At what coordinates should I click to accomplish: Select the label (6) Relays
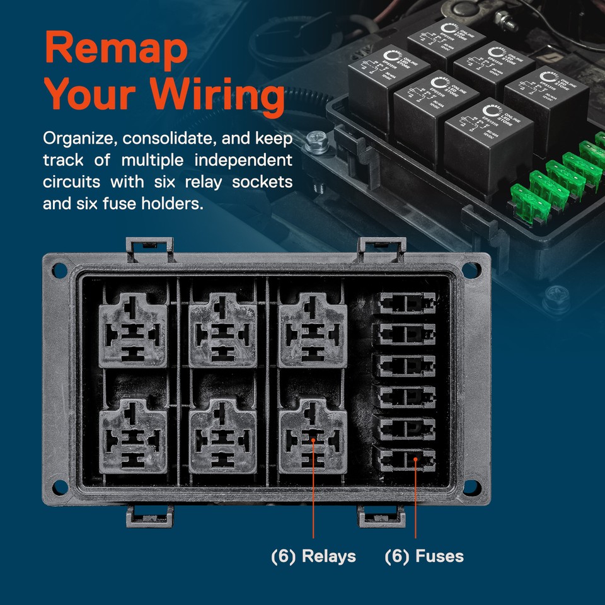[x=313, y=556]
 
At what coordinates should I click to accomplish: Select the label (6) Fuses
[x=424, y=556]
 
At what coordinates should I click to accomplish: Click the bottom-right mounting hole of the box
[x=471, y=485]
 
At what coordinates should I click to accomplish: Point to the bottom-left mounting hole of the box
[x=60, y=485]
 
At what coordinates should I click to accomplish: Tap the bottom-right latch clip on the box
[x=381, y=516]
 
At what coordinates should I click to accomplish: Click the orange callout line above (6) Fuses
[x=415, y=504]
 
